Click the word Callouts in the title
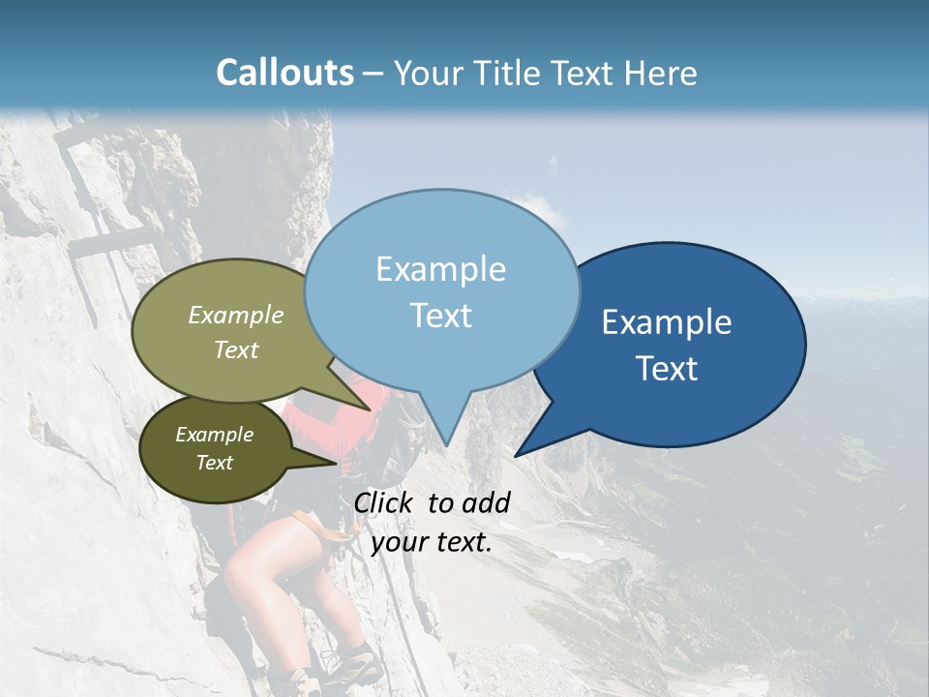tap(285, 73)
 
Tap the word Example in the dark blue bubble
tap(667, 322)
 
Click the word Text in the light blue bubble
tap(441, 316)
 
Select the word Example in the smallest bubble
tap(214, 435)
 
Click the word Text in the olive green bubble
tap(236, 349)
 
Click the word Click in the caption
tap(385, 502)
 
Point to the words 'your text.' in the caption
tap(432, 542)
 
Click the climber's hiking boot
tap(353, 668)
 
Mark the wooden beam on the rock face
tap(111, 242)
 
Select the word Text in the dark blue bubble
tap(668, 369)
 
